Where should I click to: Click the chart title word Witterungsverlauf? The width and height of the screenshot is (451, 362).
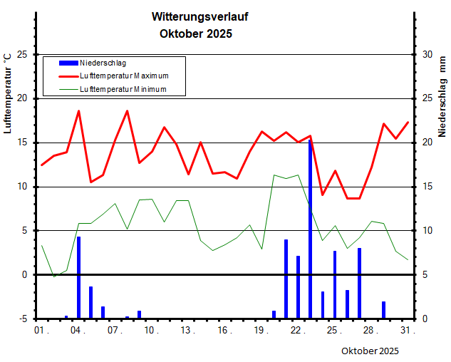pos(200,16)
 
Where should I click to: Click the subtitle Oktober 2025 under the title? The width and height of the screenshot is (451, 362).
pos(196,33)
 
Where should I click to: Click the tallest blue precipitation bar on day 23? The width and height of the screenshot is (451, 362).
pos(310,228)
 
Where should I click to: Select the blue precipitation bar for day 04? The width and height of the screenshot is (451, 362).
pos(78,278)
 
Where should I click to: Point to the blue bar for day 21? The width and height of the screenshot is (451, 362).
pos(286,279)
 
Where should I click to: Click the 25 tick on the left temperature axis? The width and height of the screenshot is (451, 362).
pos(21,54)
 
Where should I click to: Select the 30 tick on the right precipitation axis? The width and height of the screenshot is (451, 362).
pos(427,54)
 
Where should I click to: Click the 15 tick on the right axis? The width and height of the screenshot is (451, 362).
pos(427,187)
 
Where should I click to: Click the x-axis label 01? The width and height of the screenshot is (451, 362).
pos(41,331)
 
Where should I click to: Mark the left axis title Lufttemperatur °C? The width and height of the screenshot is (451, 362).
pos(8,93)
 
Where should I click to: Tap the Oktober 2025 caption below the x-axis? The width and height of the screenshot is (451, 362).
pos(370,351)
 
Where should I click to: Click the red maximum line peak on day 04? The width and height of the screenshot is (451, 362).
pos(78,111)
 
